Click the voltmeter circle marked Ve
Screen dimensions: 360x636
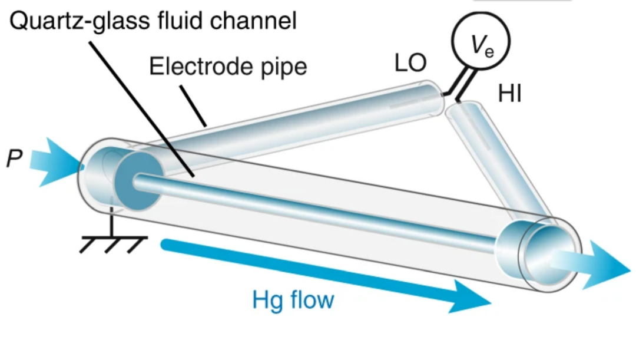click(481, 42)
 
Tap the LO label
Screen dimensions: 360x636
click(410, 64)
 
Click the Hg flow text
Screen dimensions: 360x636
click(293, 300)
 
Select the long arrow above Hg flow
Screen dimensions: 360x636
click(324, 275)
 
